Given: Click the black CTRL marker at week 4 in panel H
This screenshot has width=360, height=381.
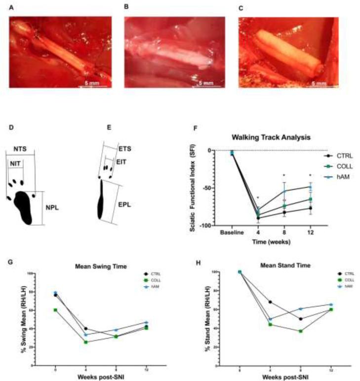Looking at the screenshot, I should tap(270, 302).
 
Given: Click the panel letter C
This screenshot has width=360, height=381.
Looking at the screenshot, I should tap(241, 8).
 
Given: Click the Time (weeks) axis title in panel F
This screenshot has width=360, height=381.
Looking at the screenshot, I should tap(264, 241).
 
